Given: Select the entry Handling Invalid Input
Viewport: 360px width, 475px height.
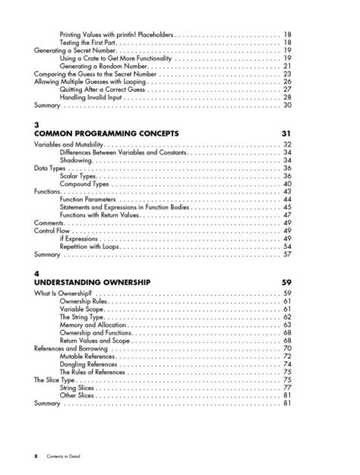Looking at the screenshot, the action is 91,97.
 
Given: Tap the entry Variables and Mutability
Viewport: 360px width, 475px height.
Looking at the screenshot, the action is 69,144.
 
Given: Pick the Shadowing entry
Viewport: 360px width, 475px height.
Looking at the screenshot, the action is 76,161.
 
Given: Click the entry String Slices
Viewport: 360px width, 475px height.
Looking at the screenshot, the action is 78,388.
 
